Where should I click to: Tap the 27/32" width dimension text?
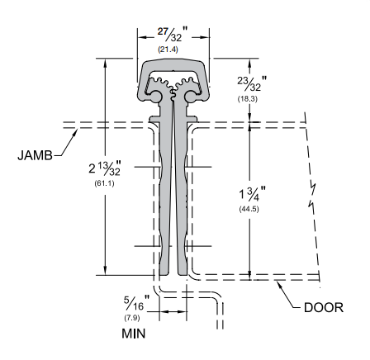click(173, 36)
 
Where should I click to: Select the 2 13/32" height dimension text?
click(87, 168)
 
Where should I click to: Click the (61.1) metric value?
click(88, 182)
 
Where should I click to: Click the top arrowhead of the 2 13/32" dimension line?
click(104, 62)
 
